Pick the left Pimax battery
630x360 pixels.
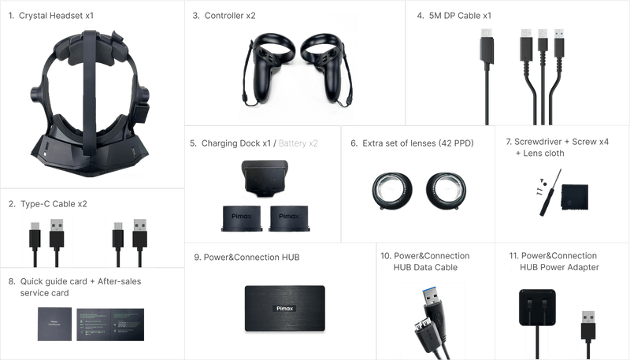coord(236,217)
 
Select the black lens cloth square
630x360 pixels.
coord(576,197)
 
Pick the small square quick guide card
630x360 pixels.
coord(54,323)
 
